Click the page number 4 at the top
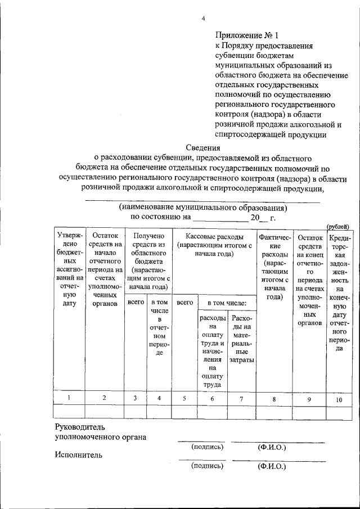[x=203, y=20]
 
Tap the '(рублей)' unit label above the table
[x=337, y=226]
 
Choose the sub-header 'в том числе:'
[x=227, y=303]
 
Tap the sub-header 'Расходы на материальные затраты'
[x=242, y=339]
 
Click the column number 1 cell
[x=69, y=398]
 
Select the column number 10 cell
[x=339, y=399]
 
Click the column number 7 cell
[x=242, y=398]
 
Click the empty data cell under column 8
[x=274, y=412]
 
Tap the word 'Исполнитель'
[x=78, y=455]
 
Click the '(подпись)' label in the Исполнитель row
[x=207, y=466]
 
